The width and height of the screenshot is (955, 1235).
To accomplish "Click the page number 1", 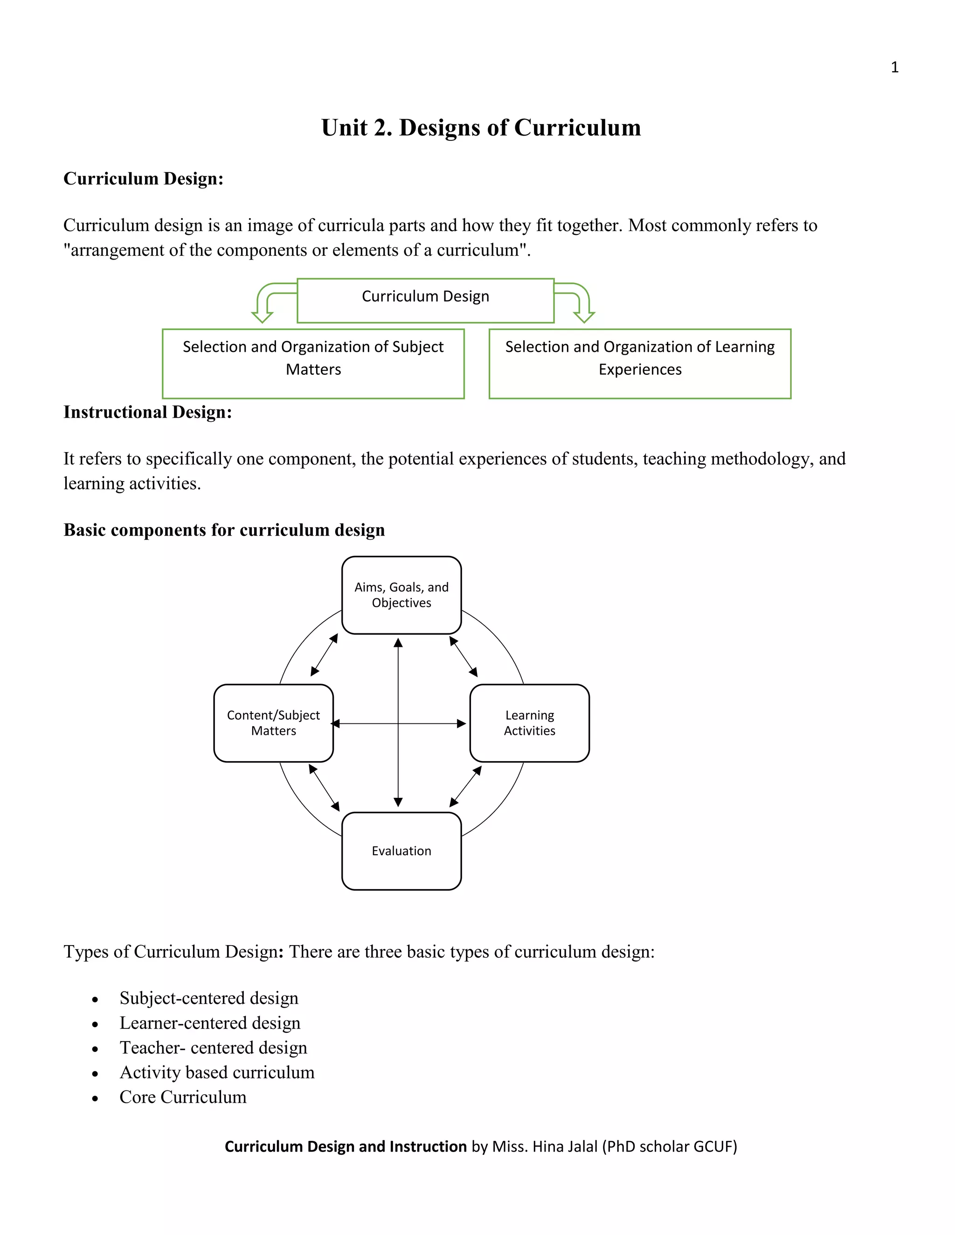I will [894, 67].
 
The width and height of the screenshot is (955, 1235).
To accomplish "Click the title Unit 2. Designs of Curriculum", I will [481, 128].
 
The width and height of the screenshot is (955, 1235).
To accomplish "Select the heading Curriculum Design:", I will [143, 178].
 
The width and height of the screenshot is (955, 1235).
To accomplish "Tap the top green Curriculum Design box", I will [425, 300].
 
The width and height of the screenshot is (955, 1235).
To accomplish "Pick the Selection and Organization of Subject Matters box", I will [313, 363].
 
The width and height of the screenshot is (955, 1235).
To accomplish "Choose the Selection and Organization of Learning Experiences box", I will [640, 363].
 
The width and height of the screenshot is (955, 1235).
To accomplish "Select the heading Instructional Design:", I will [148, 412].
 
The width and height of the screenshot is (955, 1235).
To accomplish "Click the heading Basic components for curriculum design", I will [224, 530].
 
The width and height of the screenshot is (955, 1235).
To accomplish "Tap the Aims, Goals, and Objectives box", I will [401, 595].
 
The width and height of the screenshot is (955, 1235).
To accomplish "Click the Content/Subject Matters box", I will [273, 723].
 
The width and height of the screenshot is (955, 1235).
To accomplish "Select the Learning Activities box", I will [530, 723].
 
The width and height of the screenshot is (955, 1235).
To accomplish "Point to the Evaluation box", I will [401, 851].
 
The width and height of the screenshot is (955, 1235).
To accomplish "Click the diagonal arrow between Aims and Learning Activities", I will [464, 657].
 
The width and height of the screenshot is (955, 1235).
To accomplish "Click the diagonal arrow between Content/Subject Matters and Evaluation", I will [324, 788].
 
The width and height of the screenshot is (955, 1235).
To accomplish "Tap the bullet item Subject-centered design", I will [209, 998].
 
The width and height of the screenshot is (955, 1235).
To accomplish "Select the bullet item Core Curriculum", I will [183, 1097].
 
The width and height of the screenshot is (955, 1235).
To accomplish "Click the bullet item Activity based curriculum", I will [217, 1072].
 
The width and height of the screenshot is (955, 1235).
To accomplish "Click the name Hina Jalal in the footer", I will [565, 1146].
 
